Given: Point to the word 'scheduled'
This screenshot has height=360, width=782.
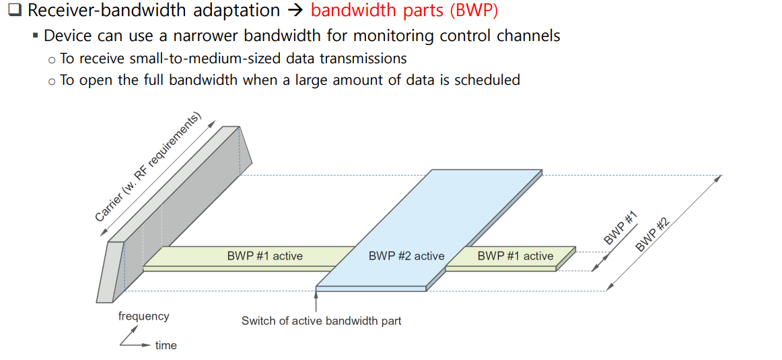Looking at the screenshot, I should click(487, 80).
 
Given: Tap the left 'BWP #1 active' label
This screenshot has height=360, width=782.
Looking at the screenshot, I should click(264, 256).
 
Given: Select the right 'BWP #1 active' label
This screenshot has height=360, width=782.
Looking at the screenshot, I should click(516, 256).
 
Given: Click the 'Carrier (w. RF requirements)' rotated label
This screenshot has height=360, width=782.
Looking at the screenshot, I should click(149, 168).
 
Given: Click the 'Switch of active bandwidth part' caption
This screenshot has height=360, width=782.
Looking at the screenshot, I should click(321, 321).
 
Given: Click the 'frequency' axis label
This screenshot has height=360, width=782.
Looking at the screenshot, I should click(143, 316).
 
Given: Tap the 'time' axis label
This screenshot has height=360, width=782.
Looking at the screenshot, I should click(166, 346).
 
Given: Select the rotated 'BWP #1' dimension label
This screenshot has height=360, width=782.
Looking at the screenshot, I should click(620, 228).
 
